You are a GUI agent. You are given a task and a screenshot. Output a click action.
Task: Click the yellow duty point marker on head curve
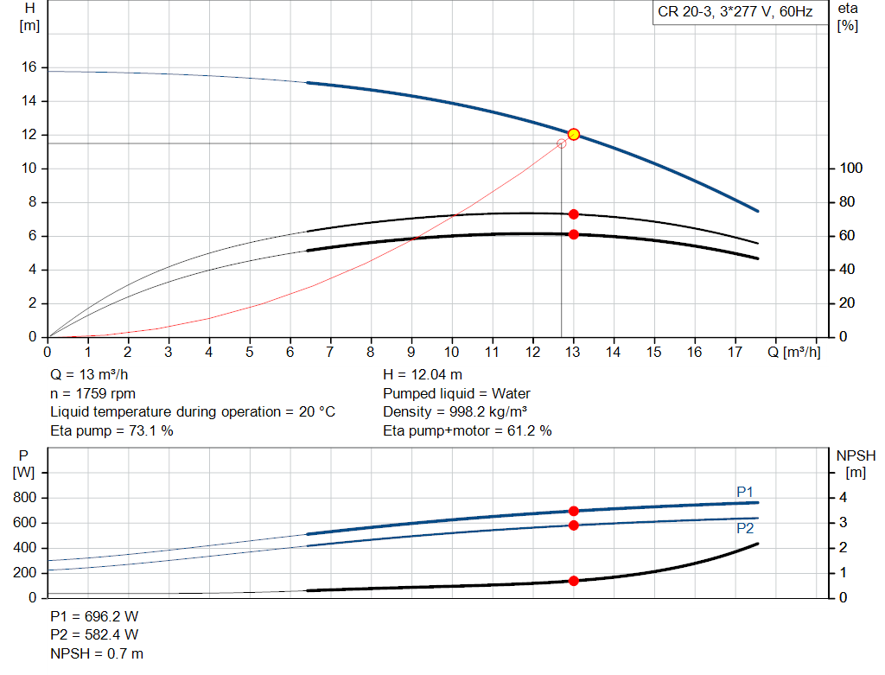point(573,134)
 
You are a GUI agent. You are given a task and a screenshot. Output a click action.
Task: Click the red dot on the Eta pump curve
point(573,213)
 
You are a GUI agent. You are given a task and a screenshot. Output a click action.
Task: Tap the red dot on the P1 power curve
point(573,511)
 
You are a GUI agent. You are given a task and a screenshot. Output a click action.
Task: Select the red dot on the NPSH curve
point(573,581)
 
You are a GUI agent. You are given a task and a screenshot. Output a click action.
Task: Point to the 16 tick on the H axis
point(29,67)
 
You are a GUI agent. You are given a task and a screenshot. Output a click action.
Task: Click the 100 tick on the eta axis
point(851,168)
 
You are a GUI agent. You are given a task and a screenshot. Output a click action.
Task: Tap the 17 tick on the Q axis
point(735,352)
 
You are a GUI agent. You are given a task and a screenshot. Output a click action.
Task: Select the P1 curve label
point(744,491)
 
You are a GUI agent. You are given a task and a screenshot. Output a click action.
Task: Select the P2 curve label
point(744,528)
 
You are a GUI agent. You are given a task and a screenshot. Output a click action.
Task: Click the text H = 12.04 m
point(423,374)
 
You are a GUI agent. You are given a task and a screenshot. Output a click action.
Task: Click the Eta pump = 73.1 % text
point(111,430)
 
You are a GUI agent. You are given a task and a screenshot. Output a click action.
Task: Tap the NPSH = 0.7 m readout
point(97,654)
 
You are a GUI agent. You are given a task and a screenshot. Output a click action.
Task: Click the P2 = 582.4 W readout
point(95,636)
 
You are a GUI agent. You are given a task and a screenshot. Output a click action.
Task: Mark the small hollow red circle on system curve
point(562,143)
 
